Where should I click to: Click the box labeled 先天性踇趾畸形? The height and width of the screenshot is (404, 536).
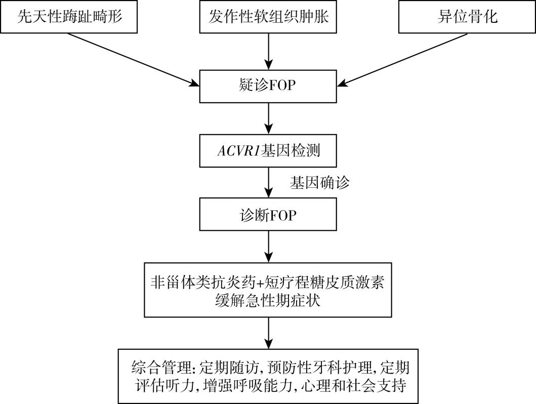click(x=70, y=17)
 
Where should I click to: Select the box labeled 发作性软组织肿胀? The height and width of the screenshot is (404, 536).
click(x=268, y=17)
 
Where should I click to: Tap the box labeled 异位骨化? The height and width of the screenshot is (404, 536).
click(x=467, y=17)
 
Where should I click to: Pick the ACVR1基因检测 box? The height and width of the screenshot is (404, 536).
click(x=268, y=151)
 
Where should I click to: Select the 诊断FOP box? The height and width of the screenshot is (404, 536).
click(x=268, y=215)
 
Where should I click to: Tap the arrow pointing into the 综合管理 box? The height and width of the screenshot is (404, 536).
click(x=268, y=333)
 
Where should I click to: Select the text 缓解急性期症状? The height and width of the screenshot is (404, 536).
click(x=268, y=300)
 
